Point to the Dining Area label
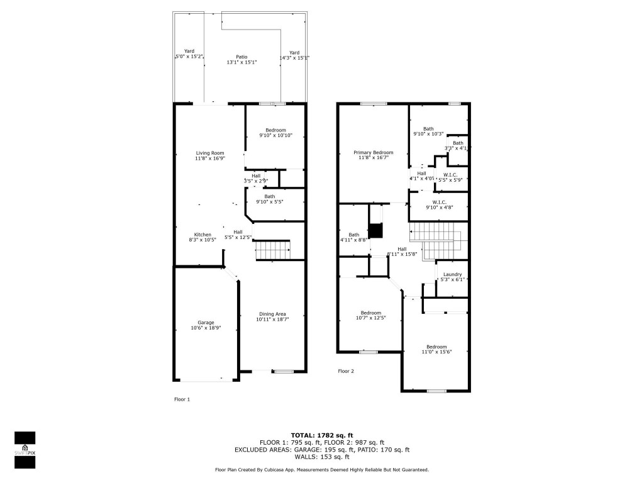272,316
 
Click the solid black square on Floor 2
375,231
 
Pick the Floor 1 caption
182,399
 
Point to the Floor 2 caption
346,371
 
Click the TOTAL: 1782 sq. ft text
321,435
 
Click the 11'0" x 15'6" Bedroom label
436,349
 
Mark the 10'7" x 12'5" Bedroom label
371,315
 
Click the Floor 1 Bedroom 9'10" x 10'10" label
275,133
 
